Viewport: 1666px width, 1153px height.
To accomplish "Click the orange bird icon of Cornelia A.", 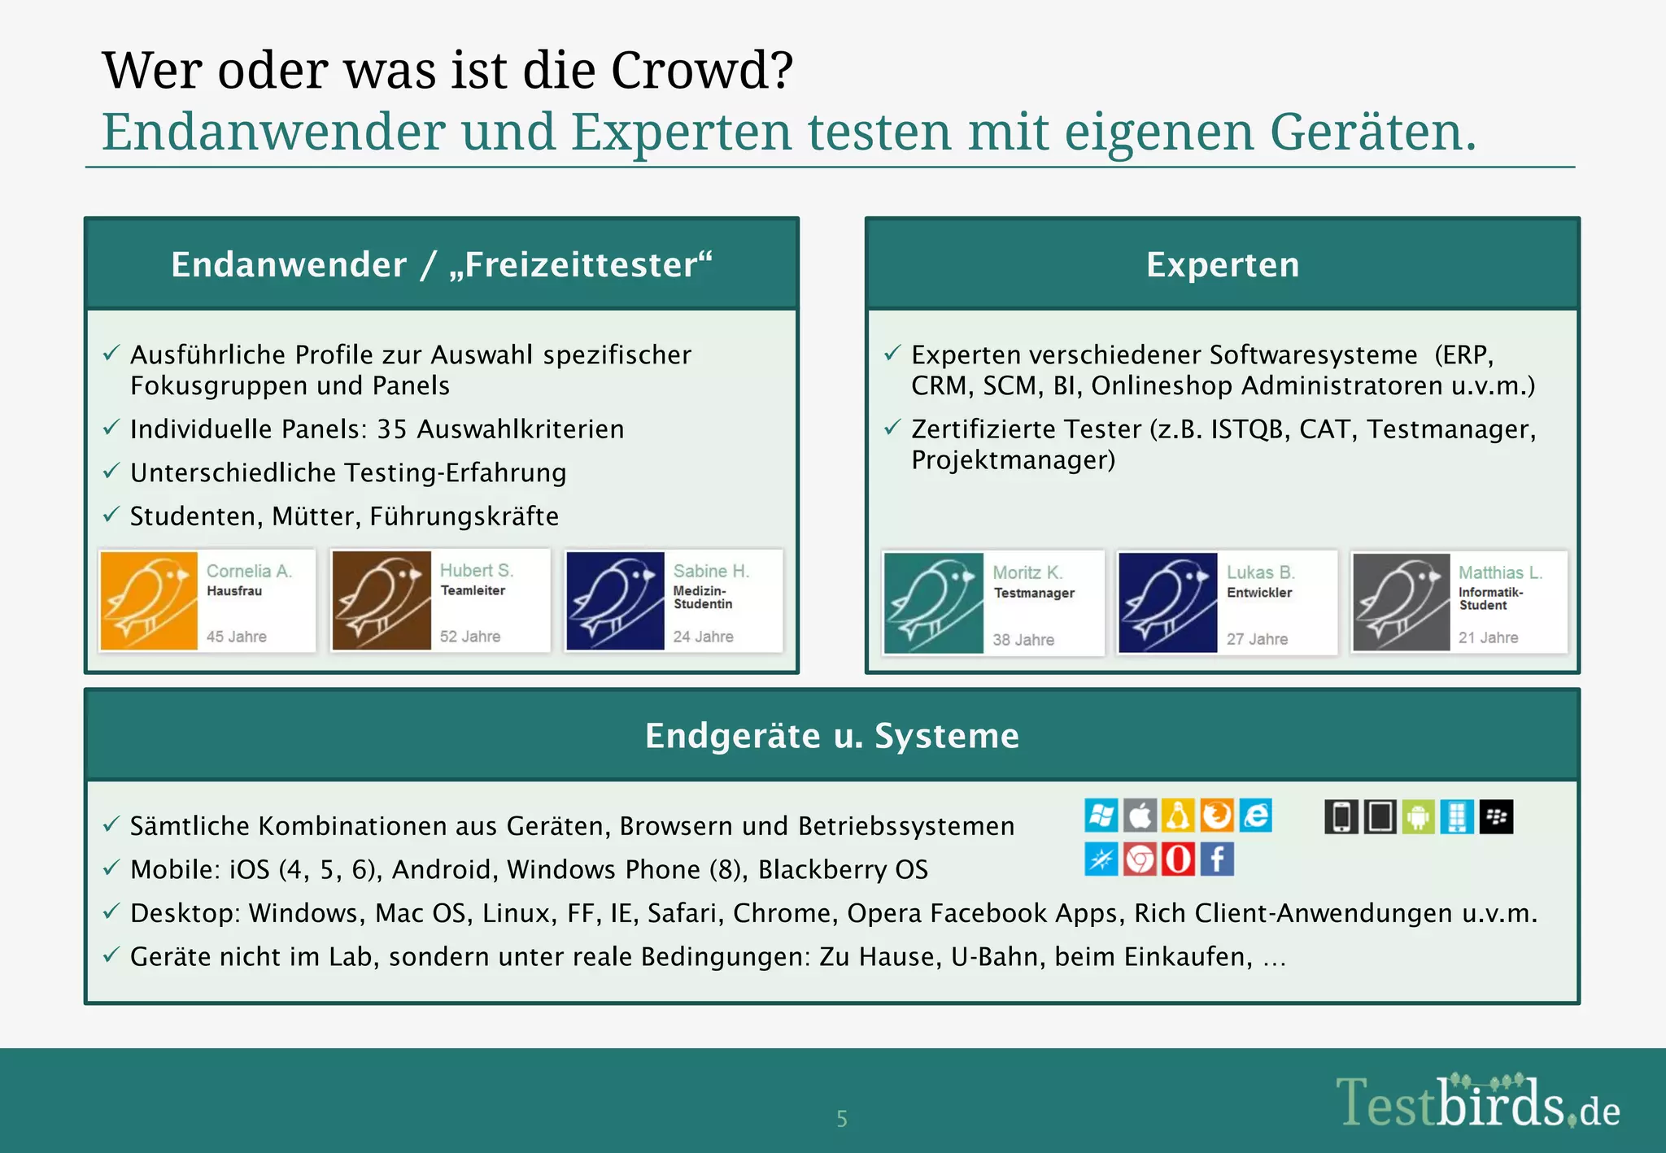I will pos(149,601).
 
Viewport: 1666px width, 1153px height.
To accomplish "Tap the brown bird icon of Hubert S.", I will pos(382,601).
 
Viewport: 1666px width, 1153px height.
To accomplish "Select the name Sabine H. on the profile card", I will pos(711,572).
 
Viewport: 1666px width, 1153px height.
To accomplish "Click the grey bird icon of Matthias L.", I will pos(1401,603).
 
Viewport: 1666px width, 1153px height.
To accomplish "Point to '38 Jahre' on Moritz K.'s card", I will pos(1023,640).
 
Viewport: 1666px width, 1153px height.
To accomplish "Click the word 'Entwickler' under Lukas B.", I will pos(1259,593).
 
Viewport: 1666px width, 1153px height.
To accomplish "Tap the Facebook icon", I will pos(1217,859).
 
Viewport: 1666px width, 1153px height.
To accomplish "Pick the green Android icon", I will pos(1418,817).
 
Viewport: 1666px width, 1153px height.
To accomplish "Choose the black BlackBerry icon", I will pos(1496,817).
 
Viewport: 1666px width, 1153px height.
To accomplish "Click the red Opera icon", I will pos(1178,859).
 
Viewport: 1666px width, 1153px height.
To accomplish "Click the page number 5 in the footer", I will pos(842,1119).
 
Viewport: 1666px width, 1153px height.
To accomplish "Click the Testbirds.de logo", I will pos(1476,1104).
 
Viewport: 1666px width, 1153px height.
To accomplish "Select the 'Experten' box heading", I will pos(1222,265).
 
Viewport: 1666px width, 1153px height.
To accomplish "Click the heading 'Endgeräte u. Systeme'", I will pos(831,736).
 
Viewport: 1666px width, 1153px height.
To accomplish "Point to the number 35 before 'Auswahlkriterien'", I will pos(391,429).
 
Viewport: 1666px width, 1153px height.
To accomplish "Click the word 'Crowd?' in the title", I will pos(701,71).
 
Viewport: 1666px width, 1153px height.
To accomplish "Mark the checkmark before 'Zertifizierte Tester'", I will pos(892,427).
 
